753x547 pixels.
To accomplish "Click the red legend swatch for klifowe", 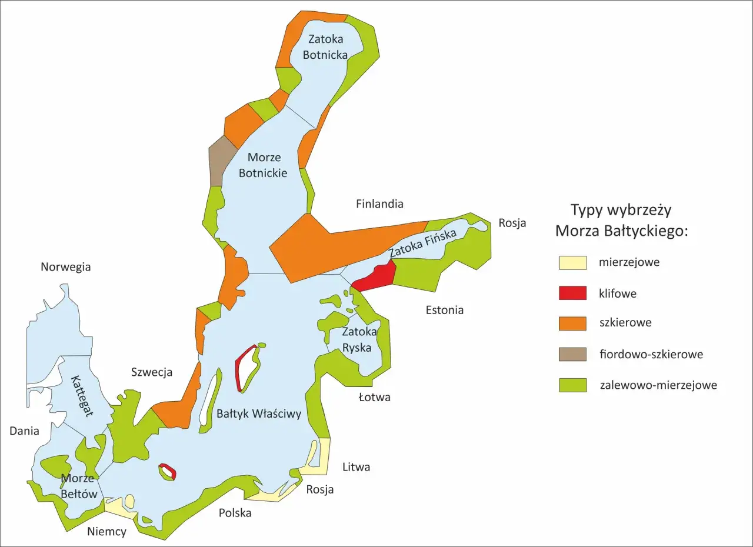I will (x=572, y=293).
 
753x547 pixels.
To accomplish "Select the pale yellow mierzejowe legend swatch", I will (x=572, y=262).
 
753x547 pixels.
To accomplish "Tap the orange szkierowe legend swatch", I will (x=572, y=323).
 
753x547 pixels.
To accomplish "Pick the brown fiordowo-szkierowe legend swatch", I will (x=572, y=354).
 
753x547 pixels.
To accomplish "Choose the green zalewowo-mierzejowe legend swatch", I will (x=572, y=385).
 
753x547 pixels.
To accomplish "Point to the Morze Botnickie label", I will (x=263, y=165).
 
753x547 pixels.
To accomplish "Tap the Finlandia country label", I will (x=379, y=204).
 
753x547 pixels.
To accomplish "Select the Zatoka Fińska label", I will (x=422, y=243).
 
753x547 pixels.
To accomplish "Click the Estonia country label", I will (x=444, y=310).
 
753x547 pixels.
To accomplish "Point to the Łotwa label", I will (x=374, y=397).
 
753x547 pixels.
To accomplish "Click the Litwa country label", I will (x=356, y=468).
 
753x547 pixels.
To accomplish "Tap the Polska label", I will (x=235, y=513).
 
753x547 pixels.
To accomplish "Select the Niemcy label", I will (x=106, y=532).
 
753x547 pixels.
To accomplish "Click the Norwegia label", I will (x=65, y=267).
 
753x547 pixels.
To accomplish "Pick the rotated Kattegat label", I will (x=82, y=396).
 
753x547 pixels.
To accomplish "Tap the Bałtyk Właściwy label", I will (x=259, y=413).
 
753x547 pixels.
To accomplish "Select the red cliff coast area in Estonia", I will (x=376, y=276).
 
